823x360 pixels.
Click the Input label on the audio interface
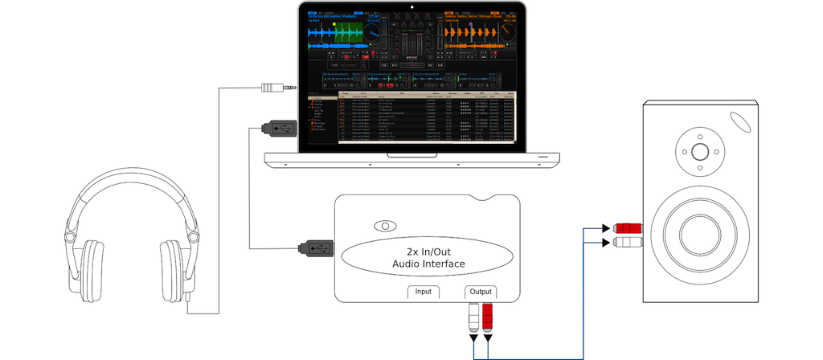click(x=424, y=292)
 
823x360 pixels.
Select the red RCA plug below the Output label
click(x=488, y=321)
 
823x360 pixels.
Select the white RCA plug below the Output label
click(x=472, y=321)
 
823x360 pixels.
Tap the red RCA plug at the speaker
click(x=628, y=227)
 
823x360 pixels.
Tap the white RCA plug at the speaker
click(x=628, y=241)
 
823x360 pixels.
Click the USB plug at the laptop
click(x=278, y=127)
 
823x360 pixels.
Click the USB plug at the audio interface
click(x=315, y=247)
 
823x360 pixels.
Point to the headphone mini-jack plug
click(x=277, y=87)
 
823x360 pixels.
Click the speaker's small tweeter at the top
click(x=698, y=152)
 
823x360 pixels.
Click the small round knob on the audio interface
click(x=386, y=226)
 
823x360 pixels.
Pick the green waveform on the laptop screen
click(x=342, y=33)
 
